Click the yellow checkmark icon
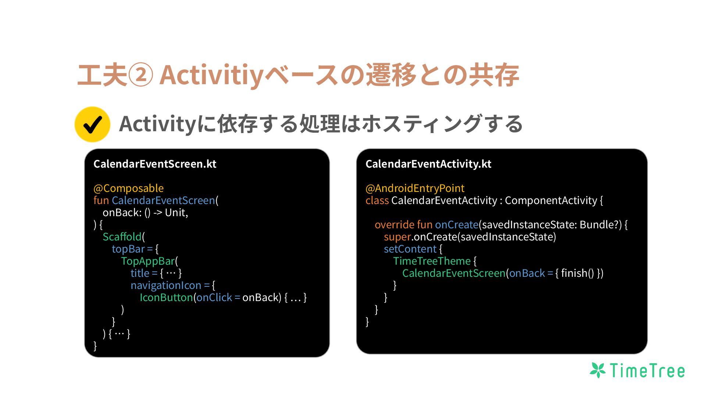(92, 124)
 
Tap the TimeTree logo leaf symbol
(598, 370)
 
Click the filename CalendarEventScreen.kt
(155, 164)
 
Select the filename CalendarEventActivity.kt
(428, 164)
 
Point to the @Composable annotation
(128, 188)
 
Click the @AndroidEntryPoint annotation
(415, 188)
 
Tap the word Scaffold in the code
(122, 237)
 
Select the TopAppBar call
(147, 261)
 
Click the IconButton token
(166, 297)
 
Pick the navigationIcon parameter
(166, 285)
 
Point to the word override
(394, 225)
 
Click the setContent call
(410, 249)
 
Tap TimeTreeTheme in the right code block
(432, 261)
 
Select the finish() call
(577, 273)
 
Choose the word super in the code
(397, 237)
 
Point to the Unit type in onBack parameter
(175, 212)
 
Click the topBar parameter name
(128, 249)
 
